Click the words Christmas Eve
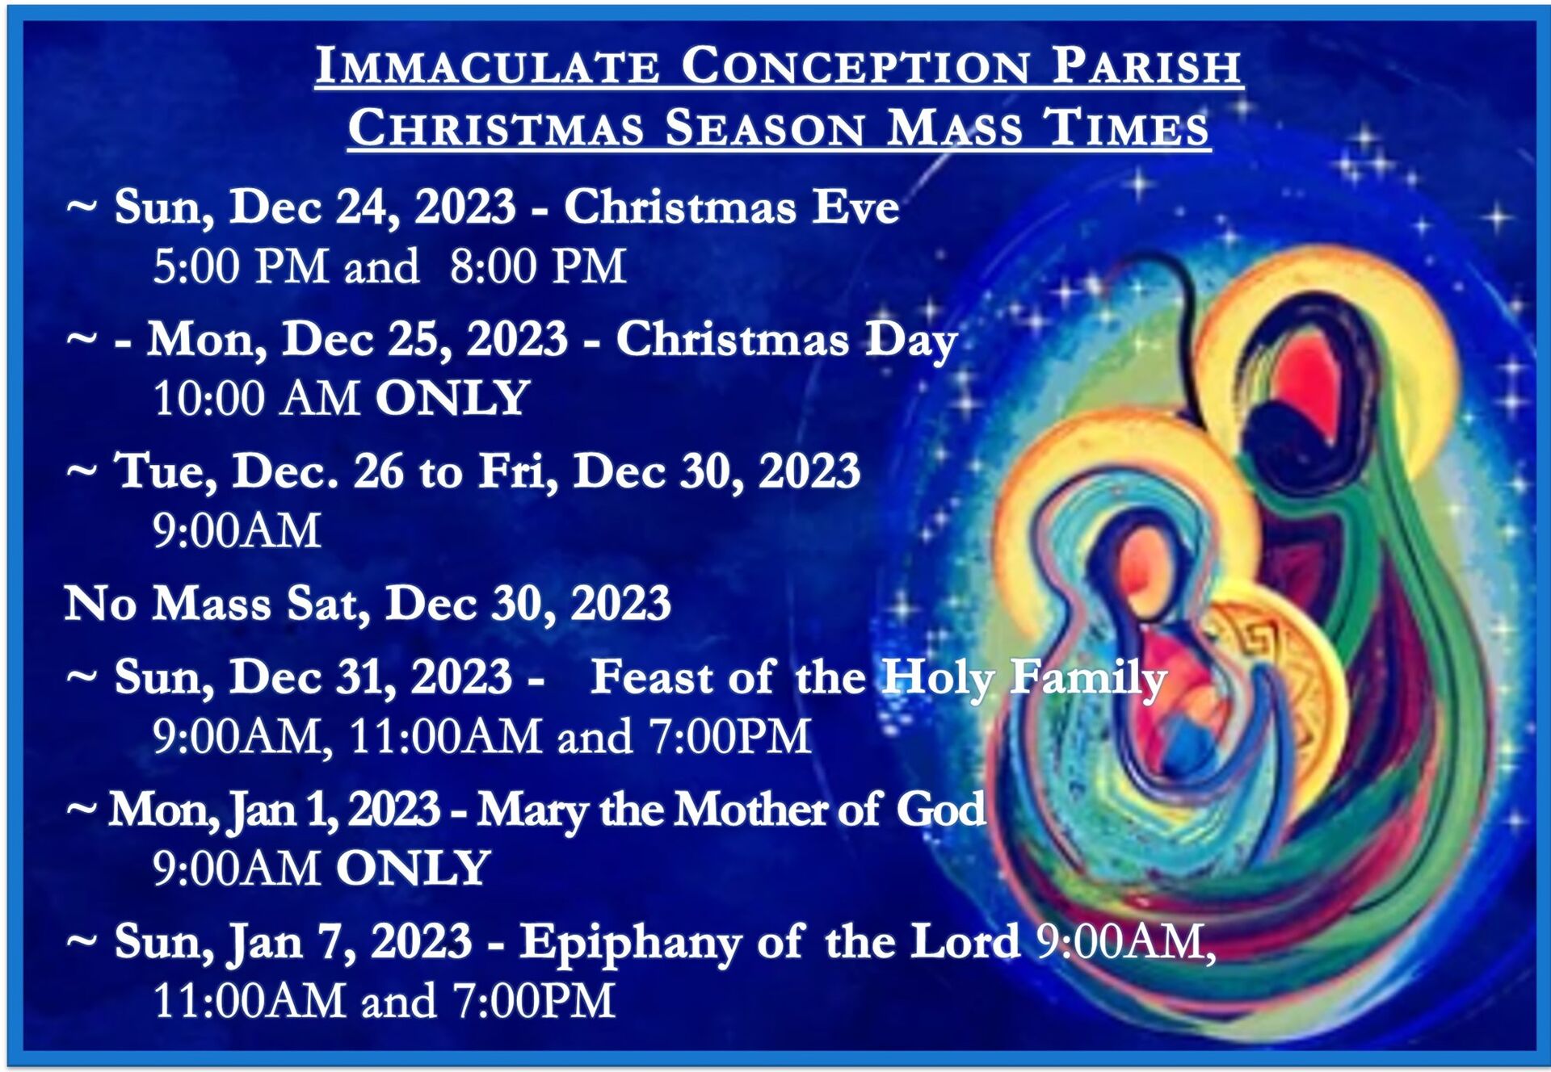[732, 207]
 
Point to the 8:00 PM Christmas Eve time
[538, 266]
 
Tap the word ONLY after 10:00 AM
[452, 399]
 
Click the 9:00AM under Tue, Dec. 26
[237, 531]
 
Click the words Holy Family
[1024, 678]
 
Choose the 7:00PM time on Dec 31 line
[730, 736]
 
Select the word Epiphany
[631, 943]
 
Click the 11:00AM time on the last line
[250, 1001]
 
